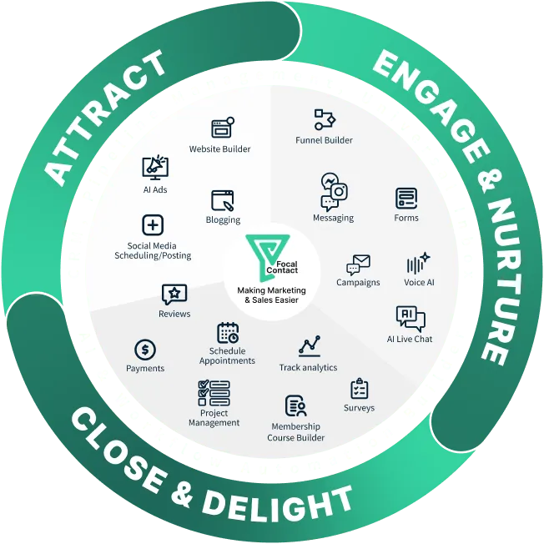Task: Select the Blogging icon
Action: pyautogui.click(x=223, y=200)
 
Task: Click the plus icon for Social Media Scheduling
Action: pyautogui.click(x=153, y=225)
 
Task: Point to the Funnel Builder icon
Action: pyautogui.click(x=324, y=119)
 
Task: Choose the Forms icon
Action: pyautogui.click(x=406, y=199)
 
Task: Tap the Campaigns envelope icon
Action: pyautogui.click(x=358, y=264)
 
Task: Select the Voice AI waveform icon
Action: pyautogui.click(x=418, y=264)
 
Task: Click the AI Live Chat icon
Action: pyautogui.click(x=410, y=319)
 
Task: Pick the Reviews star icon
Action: pyautogui.click(x=174, y=294)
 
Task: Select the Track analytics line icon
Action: pyautogui.click(x=310, y=345)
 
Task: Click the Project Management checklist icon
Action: pyautogui.click(x=214, y=392)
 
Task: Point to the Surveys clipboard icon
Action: pyautogui.click(x=360, y=389)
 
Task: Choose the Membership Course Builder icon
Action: pyautogui.click(x=295, y=405)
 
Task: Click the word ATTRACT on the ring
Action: pyautogui.click(x=108, y=118)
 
